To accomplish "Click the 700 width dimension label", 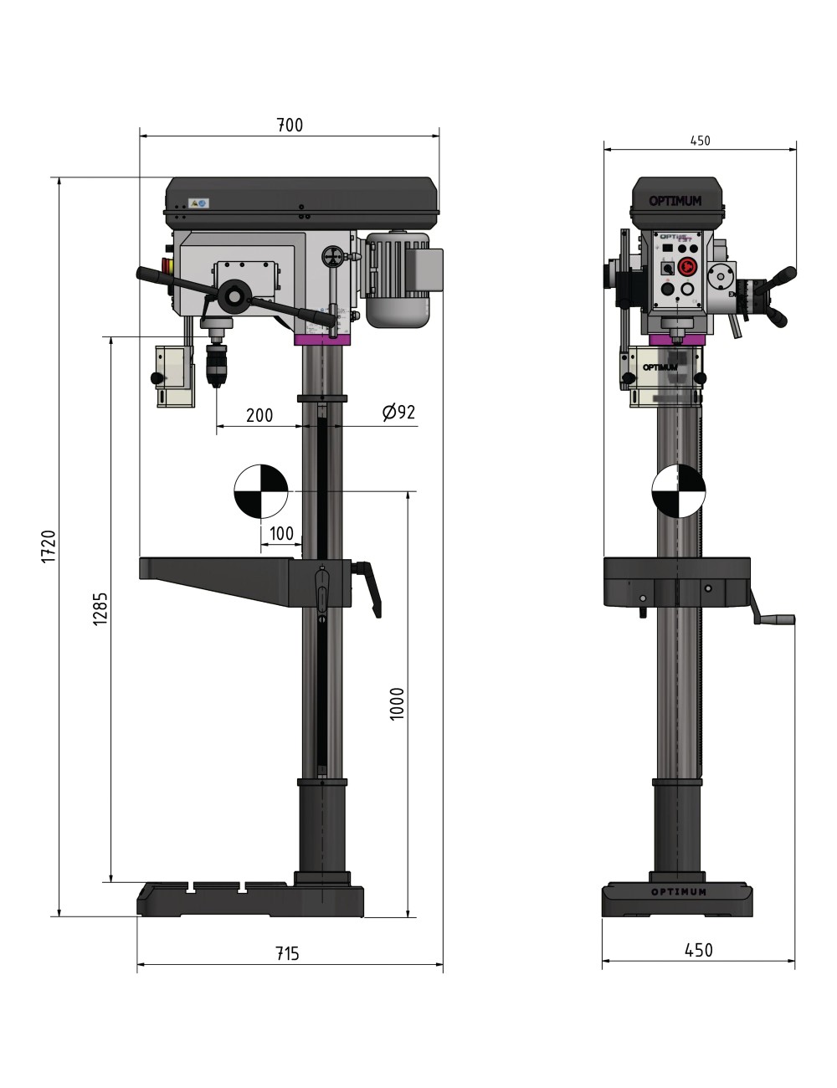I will click(290, 126).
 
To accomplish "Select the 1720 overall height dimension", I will click(48, 547).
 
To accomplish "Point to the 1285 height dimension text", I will click(100, 608).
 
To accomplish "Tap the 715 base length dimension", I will click(286, 953).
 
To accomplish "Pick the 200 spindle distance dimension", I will click(259, 415).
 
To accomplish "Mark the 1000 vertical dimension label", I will click(398, 704).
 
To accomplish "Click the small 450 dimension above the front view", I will click(700, 141).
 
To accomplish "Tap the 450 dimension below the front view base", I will click(699, 950).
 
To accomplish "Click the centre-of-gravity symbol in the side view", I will click(261, 490).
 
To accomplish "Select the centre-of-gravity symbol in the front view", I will click(679, 490).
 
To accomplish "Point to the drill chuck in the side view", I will click(217, 362).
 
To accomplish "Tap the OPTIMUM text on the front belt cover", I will click(675, 201).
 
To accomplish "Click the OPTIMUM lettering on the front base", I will click(679, 892).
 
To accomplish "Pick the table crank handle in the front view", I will click(774, 619).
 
